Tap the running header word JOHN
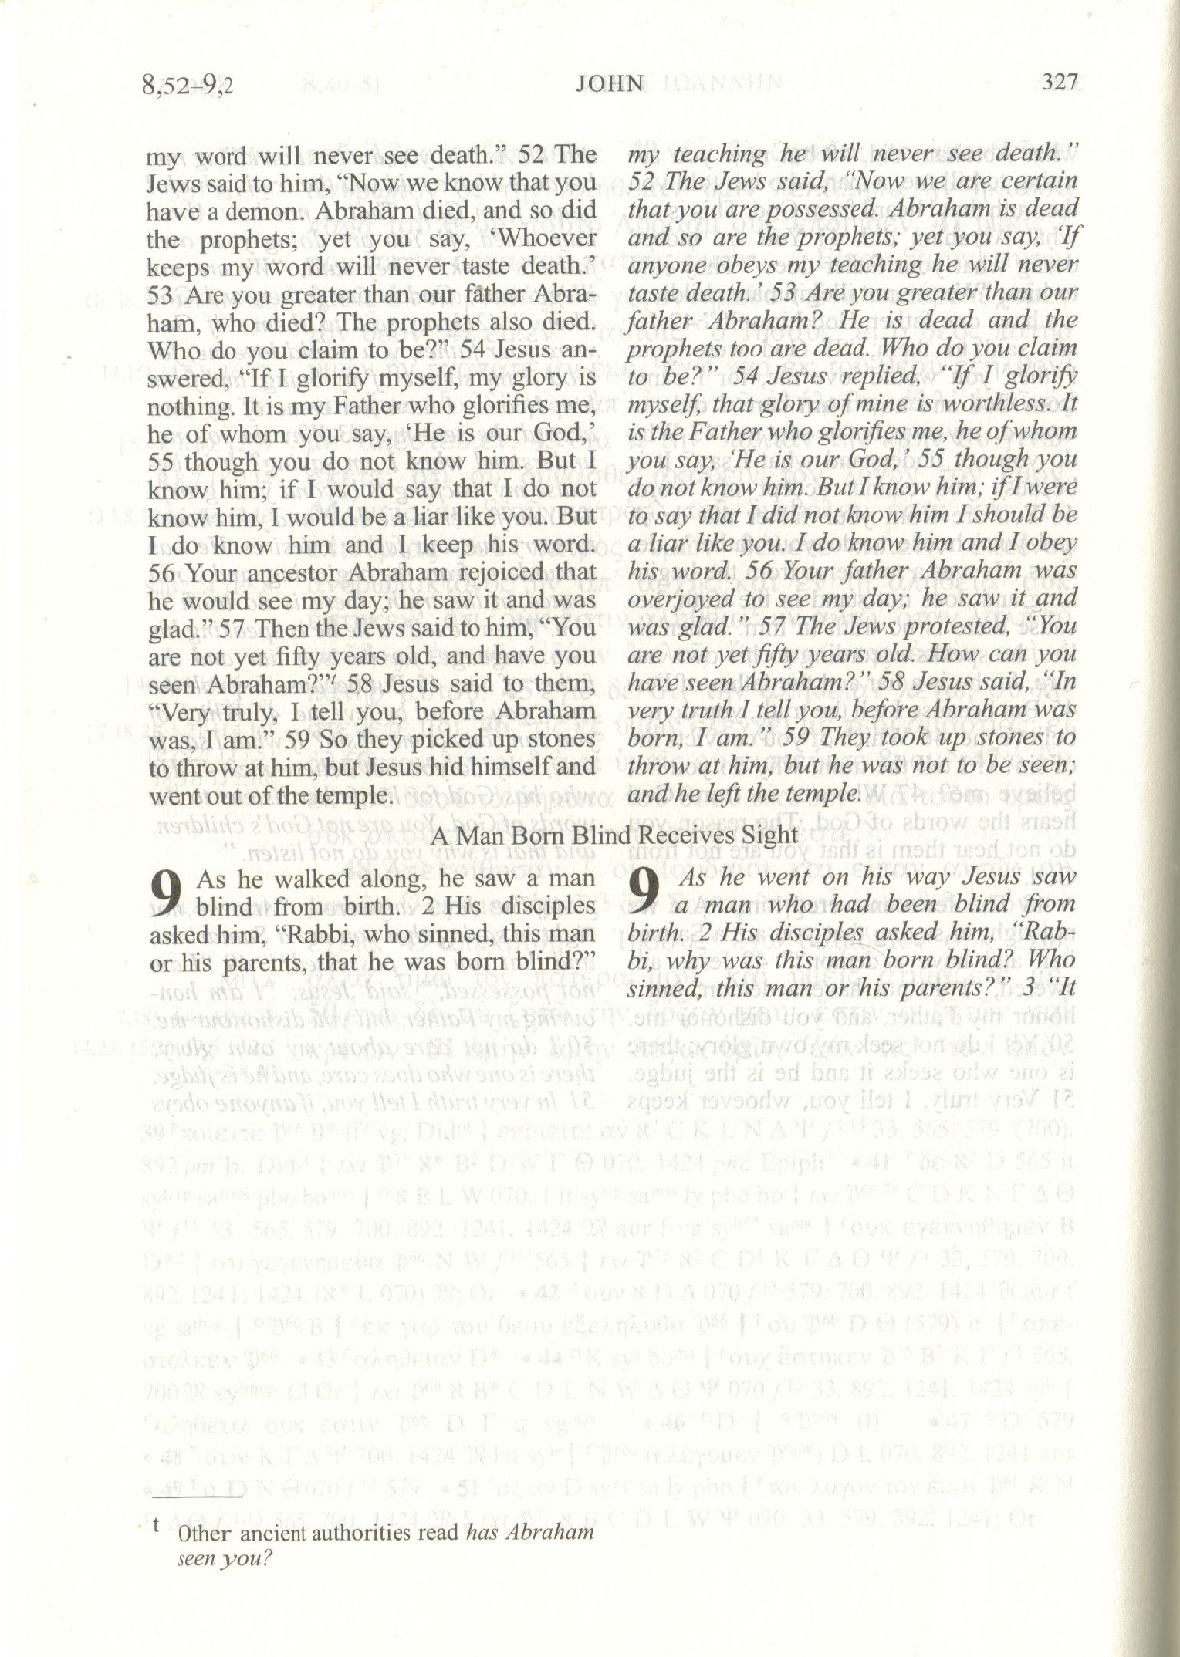tap(609, 83)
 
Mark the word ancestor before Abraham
tap(289, 573)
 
